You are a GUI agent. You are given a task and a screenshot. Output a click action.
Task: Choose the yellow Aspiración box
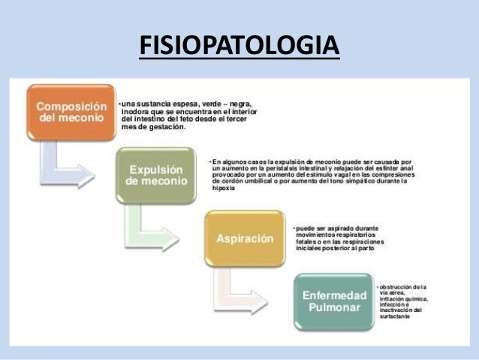[x=244, y=238]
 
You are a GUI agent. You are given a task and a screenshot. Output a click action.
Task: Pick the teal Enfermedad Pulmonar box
[x=334, y=301]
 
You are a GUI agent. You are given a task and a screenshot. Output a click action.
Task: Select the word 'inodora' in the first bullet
[x=137, y=111]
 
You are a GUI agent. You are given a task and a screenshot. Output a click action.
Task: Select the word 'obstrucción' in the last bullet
[x=396, y=287]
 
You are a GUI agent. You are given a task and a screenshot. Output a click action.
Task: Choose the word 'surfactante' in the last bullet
[x=395, y=317]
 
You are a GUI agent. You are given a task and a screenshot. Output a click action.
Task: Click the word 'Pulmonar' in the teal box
[x=334, y=308]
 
